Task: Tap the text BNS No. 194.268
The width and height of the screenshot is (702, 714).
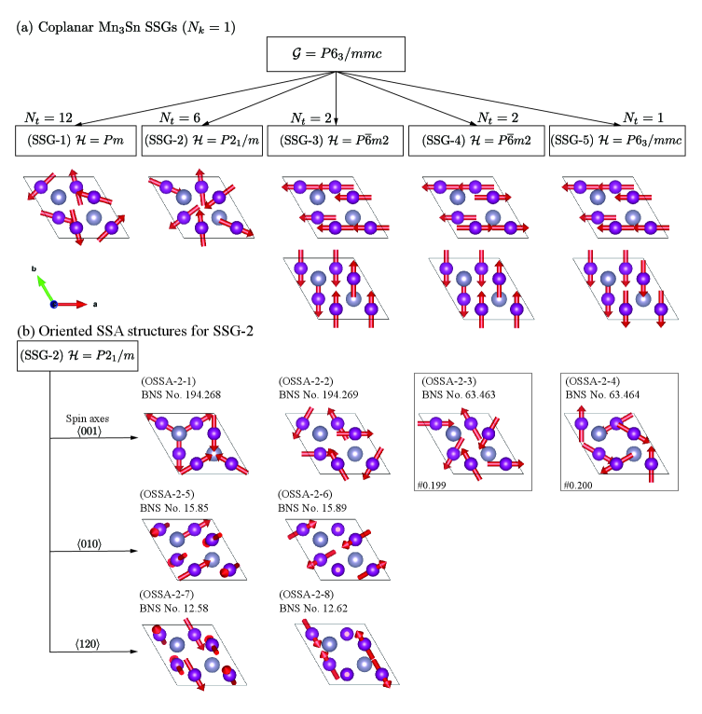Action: coord(181,395)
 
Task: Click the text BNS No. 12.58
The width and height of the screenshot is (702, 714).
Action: coord(175,607)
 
